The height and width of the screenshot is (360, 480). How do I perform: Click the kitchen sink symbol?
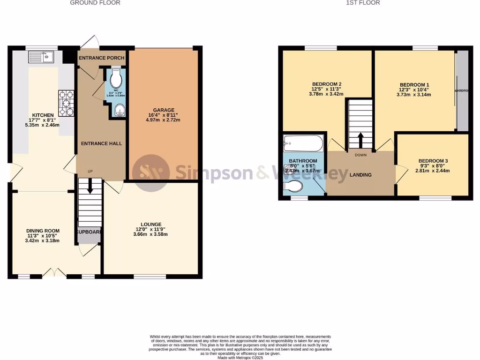(42, 58)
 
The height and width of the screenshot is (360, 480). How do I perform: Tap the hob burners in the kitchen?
(67, 103)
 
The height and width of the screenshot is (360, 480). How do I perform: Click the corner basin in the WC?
(120, 110)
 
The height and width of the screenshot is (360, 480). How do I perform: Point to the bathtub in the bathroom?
(303, 143)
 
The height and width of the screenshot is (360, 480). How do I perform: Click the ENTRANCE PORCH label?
(101, 58)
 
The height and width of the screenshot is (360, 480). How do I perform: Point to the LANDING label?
(360, 175)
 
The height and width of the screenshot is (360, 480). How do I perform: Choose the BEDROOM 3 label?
(433, 161)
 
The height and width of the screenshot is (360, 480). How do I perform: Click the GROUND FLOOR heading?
(95, 3)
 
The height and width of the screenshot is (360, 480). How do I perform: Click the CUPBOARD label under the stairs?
(89, 232)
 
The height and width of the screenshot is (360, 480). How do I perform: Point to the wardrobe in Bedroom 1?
(462, 90)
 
